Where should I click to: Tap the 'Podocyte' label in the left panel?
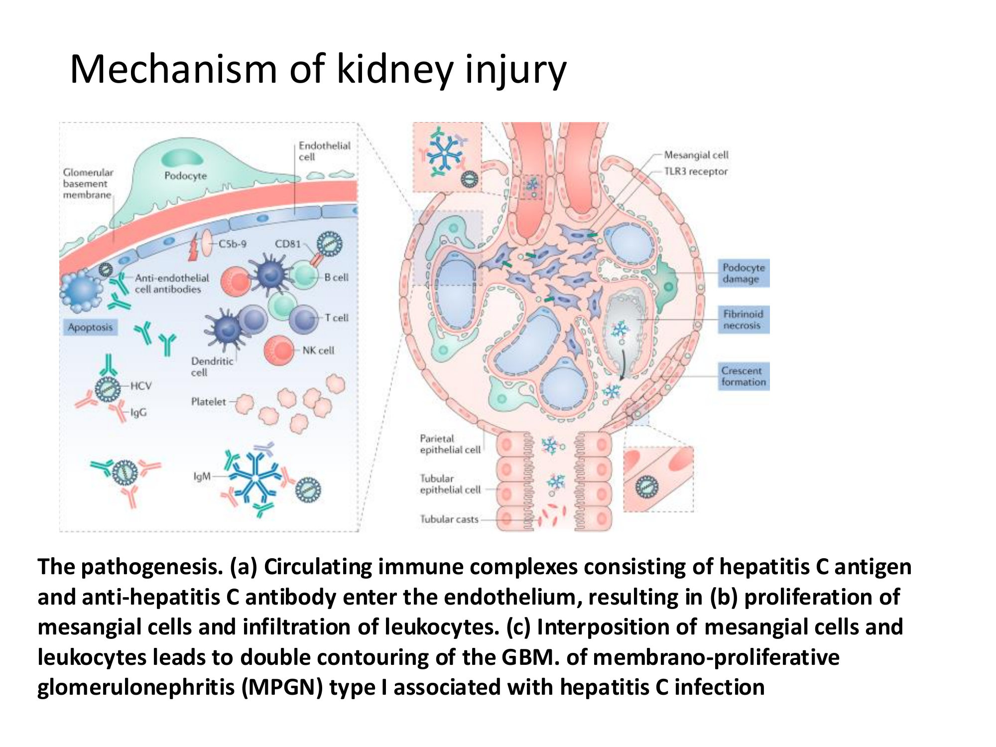coord(185,176)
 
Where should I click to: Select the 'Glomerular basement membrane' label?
coord(88,183)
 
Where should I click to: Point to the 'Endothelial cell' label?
coord(324,151)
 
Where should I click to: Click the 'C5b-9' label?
coord(233,244)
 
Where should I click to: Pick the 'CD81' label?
coord(288,244)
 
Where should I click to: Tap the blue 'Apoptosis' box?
coord(90,327)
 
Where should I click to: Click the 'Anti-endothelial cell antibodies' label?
coord(172,283)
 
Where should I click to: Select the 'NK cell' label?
coord(318,350)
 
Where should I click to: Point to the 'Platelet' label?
coord(208,401)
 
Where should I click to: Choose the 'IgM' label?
coord(202,477)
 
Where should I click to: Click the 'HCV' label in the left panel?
coord(141,385)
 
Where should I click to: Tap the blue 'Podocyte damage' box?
coord(744,273)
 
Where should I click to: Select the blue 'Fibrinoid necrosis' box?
coord(744,320)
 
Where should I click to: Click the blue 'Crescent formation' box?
coord(744,376)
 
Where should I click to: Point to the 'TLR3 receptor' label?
coord(696,171)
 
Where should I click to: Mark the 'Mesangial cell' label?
coord(696,155)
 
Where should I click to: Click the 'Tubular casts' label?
coord(449,519)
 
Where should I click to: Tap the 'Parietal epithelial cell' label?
coord(450,444)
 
